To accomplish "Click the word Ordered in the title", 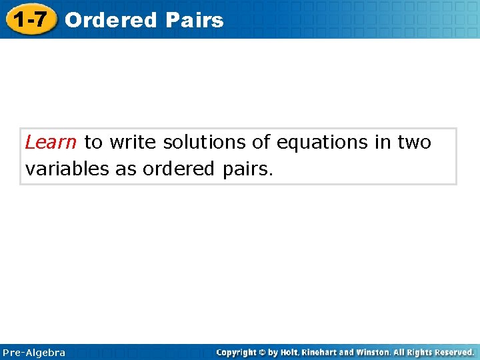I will (111, 20).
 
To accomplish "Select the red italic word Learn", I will (51, 142).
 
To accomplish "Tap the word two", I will (415, 142).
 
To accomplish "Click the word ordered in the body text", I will (175, 169).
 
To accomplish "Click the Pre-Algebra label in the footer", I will (34, 352).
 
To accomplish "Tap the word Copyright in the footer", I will (238, 352).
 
